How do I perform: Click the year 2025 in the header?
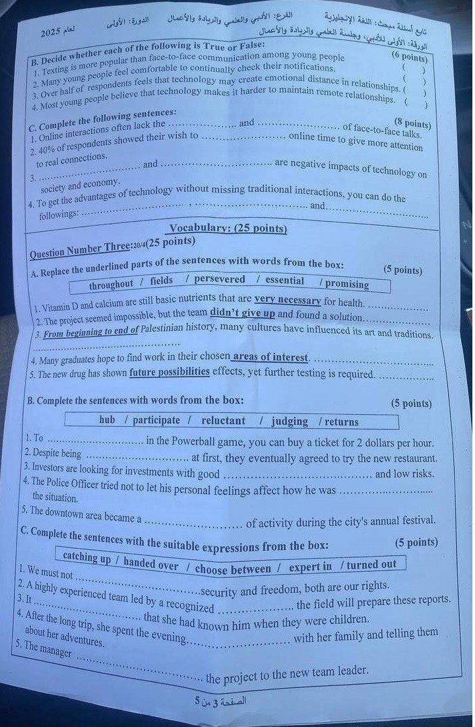pos(50,32)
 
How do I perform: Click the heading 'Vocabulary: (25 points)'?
pos(228,229)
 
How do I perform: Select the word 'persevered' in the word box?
pos(219,280)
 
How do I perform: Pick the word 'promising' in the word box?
pos(346,284)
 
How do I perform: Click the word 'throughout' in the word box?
pos(111,284)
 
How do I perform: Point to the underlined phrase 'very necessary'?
pos(288,300)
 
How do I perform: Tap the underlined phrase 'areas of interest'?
pos(270,357)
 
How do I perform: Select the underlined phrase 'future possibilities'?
pos(170,372)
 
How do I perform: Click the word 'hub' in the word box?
pos(107,420)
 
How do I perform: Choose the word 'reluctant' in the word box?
pos(223,420)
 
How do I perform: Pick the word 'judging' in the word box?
pos(289,421)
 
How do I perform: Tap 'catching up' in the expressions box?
pos(87,557)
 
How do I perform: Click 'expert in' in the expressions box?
pos(310,566)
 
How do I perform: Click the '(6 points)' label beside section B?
pos(409,57)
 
